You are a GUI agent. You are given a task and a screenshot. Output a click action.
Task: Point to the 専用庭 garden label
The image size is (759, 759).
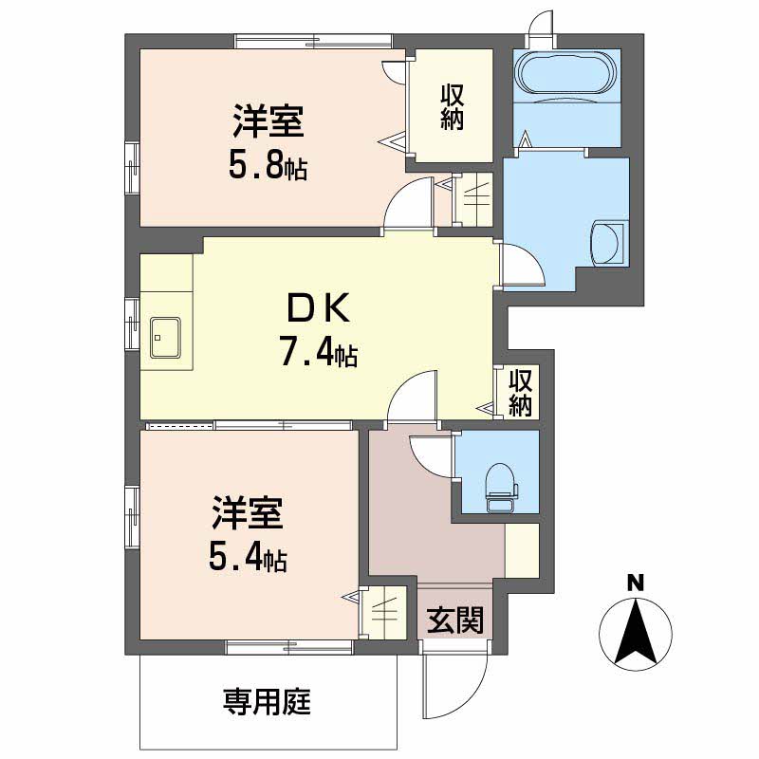(268, 703)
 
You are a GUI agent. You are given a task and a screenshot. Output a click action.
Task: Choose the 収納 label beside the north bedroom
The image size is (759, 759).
(451, 107)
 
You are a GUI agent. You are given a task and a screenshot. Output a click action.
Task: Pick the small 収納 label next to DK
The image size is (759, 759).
(519, 393)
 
